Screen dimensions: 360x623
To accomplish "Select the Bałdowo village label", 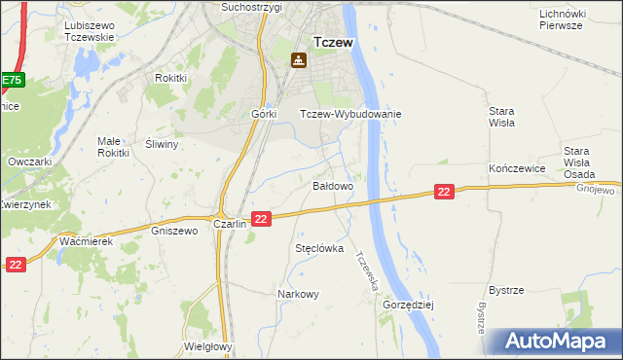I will tap(332, 185).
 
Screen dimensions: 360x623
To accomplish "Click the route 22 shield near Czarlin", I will tap(260, 220).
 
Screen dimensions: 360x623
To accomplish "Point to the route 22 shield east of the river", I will tap(444, 193).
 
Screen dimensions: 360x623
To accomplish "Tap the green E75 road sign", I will tap(11, 80).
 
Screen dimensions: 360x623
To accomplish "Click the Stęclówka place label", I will tap(320, 248).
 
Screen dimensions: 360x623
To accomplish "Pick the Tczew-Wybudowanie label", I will tap(350, 114).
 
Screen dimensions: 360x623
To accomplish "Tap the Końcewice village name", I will tap(515, 168).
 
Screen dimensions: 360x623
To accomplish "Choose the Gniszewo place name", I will tap(175, 232).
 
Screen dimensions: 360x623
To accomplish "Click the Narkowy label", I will tap(298, 294).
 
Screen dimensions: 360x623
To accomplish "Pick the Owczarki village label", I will tap(28, 162).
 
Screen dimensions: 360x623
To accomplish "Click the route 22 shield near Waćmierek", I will tap(15, 264).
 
